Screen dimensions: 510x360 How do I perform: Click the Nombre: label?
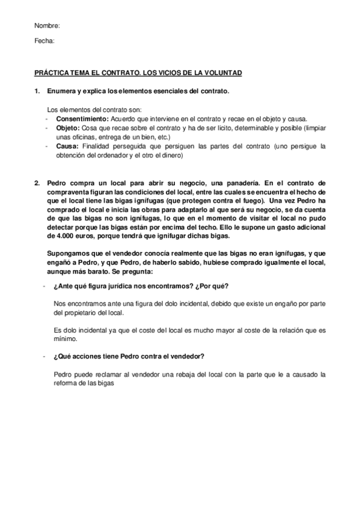tap(47, 26)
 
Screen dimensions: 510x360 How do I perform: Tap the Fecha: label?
tap(45, 41)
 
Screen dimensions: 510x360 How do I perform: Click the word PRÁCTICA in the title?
tap(53, 73)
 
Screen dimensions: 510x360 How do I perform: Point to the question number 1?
tap(37, 91)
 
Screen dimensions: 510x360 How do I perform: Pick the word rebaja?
tap(192, 374)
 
